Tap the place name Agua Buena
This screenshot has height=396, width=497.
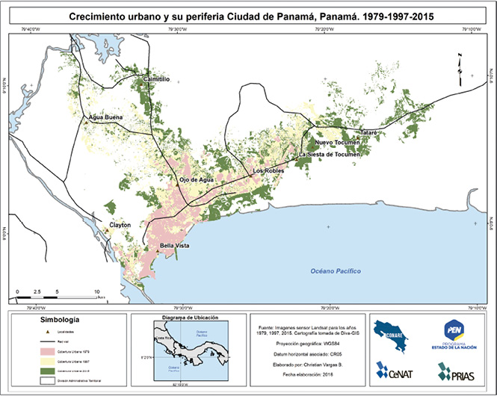(104, 118)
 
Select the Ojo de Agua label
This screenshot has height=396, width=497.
(197, 180)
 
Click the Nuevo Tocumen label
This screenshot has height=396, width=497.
(337, 142)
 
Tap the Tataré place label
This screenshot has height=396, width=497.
(371, 132)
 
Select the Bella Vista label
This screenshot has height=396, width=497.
(178, 246)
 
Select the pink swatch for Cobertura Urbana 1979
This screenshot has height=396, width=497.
(27, 350)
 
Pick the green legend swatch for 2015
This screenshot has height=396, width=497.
(27, 369)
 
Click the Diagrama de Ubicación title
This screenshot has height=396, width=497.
(190, 318)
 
